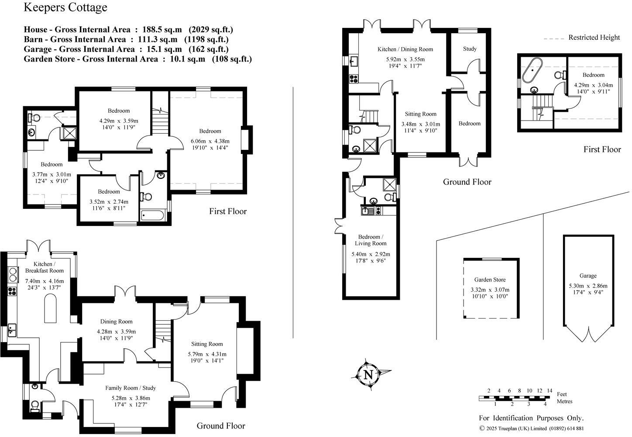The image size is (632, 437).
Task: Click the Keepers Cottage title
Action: (65, 7)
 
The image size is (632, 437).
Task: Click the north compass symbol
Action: (368, 375)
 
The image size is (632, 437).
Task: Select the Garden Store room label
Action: (490, 280)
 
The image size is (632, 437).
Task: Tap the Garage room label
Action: (588, 276)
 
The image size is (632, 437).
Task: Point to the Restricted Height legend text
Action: (594, 38)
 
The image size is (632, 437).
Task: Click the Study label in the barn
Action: (470, 49)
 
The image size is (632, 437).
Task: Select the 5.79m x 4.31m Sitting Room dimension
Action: (207, 354)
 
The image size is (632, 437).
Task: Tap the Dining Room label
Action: (116, 322)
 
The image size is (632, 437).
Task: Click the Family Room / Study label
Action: (131, 388)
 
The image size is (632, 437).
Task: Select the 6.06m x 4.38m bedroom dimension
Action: (210, 141)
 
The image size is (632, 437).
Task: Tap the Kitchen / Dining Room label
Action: (405, 49)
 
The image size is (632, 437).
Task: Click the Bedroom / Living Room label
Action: (371, 240)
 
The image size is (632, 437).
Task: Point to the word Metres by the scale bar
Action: (564, 401)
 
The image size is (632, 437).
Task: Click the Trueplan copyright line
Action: (531, 429)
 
